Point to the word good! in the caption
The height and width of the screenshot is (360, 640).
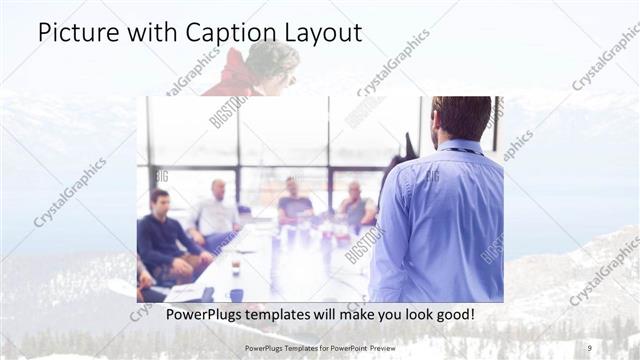[x=453, y=315]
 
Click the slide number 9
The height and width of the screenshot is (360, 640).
[x=589, y=348]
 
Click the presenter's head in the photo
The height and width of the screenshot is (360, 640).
[x=462, y=118]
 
